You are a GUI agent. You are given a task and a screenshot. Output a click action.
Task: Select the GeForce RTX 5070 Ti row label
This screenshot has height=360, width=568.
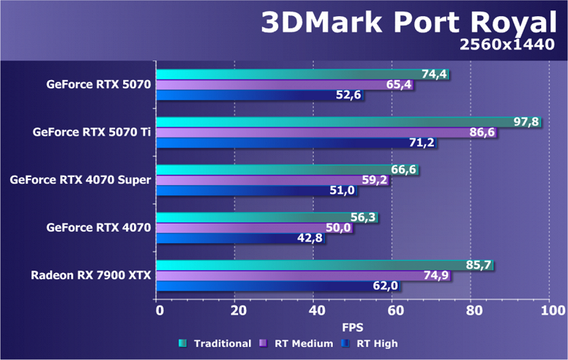click(92, 133)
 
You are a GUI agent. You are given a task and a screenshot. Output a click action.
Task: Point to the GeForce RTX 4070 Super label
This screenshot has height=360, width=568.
click(80, 180)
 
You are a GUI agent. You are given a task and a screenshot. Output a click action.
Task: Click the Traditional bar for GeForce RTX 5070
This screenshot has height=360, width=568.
click(291, 74)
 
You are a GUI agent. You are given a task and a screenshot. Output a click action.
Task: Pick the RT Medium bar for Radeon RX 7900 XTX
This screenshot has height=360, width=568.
click(291, 275)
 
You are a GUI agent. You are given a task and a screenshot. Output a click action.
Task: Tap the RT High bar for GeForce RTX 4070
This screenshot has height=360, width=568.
click(233, 238)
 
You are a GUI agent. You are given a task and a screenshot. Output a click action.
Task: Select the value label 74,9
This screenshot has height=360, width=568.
click(438, 275)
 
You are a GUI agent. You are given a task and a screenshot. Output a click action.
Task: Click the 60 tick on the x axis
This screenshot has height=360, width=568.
click(392, 311)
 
